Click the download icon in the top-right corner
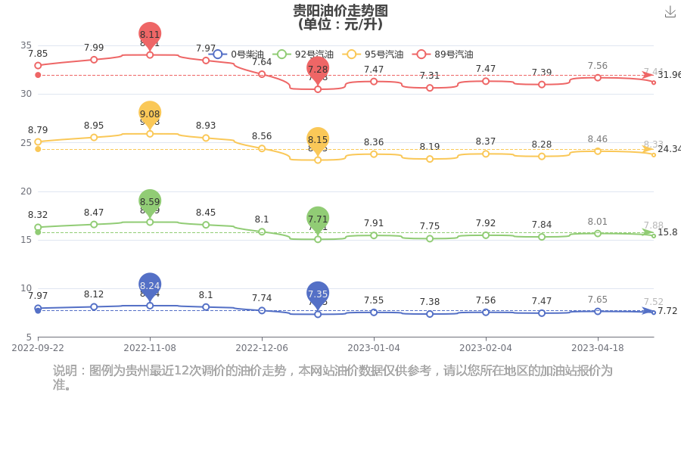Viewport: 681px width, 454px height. click(670, 12)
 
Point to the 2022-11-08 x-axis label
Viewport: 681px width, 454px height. click(150, 348)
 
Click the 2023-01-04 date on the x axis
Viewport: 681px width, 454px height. click(374, 348)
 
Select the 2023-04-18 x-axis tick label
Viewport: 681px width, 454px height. click(598, 348)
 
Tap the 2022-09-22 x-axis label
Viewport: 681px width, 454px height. click(38, 348)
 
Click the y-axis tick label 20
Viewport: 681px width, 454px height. click(26, 191)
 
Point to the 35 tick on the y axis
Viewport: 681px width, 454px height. click(26, 45)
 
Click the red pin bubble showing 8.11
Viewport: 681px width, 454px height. click(150, 34)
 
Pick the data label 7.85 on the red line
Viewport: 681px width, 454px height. click(38, 54)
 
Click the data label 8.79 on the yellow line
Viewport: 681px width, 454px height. click(38, 130)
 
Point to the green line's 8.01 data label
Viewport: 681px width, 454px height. click(598, 222)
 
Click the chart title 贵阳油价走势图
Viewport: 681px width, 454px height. click(340, 11)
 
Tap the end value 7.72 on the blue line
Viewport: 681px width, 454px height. click(667, 311)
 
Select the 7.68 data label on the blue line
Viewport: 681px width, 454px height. click(598, 300)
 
